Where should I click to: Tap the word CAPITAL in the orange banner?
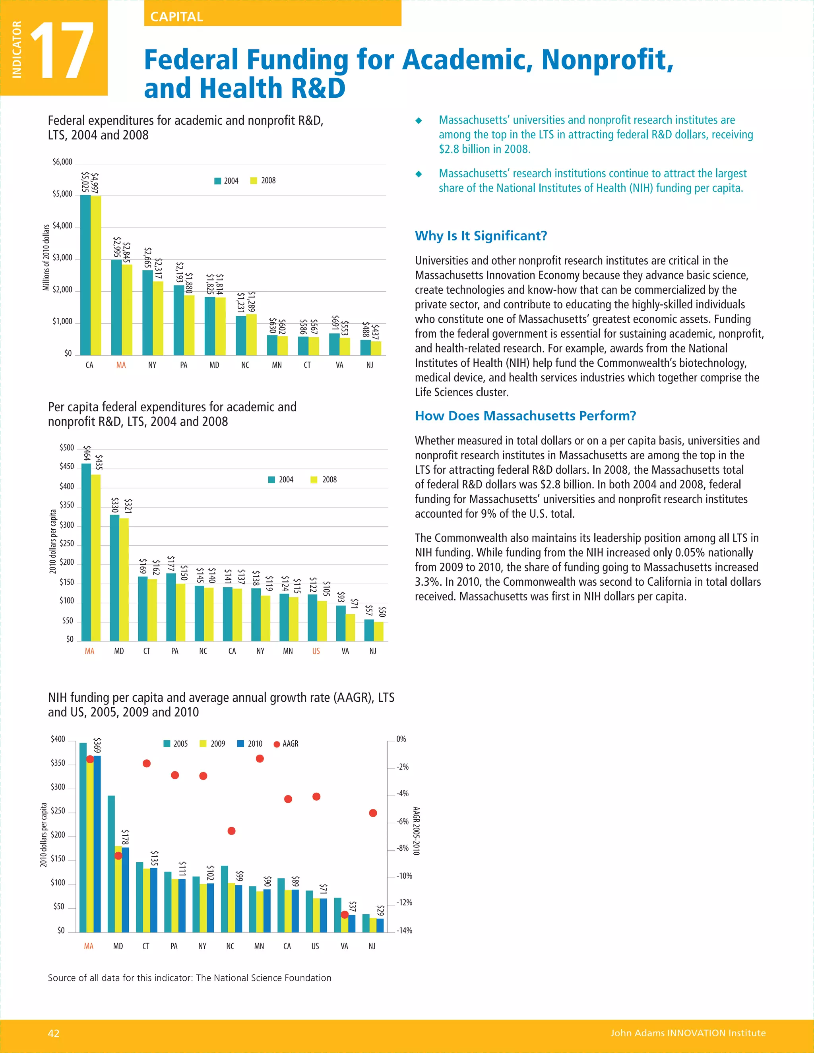click(x=176, y=17)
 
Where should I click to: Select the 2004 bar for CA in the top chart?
click(x=85, y=275)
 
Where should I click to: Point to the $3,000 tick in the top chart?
click(x=62, y=258)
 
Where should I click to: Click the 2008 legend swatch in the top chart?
click(x=254, y=181)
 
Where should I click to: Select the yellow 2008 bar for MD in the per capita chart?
click(x=124, y=579)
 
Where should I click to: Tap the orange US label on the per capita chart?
click(x=316, y=651)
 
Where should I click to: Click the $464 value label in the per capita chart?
click(x=87, y=453)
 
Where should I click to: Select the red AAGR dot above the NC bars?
click(x=231, y=831)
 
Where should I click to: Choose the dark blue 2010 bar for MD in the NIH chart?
click(x=125, y=890)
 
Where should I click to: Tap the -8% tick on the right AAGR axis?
click(x=403, y=848)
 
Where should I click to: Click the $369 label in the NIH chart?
click(x=97, y=745)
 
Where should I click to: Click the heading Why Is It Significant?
click(x=481, y=236)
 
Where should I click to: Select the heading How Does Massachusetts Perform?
click(x=525, y=416)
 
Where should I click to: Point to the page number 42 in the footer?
click(x=54, y=1033)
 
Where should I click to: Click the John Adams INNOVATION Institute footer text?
click(x=688, y=1033)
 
